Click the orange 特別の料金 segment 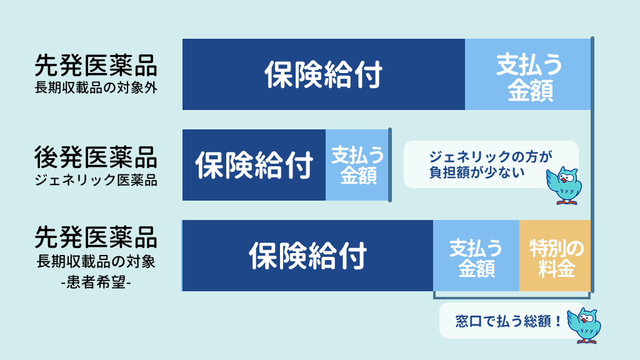[555, 256]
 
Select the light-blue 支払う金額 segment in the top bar [527, 74]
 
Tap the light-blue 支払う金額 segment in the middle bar [357, 165]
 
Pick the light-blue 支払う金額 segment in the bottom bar [476, 256]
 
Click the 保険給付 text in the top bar [324, 75]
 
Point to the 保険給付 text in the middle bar [254, 165]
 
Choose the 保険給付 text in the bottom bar [308, 256]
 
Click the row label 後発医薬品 [96, 157]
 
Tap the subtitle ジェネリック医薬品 [96, 180]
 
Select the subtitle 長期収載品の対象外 [96, 87]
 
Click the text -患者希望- [96, 282]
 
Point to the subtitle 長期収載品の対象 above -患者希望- [96, 262]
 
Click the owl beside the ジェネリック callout [564, 185]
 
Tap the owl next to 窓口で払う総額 [584, 325]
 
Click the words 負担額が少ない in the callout [477, 172]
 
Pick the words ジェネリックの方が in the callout [490, 157]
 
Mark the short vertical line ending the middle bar [390, 165]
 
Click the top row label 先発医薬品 [96, 66]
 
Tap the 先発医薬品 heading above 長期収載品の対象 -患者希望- [96, 237]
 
